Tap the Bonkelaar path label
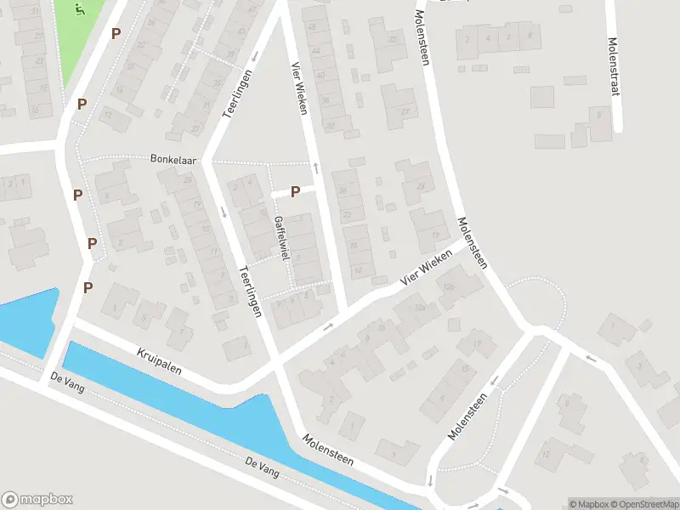[x=173, y=159]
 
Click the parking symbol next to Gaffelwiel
[x=295, y=192]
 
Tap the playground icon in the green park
[x=80, y=10]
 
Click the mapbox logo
[x=37, y=500]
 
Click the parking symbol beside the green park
[x=116, y=33]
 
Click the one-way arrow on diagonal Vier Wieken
[x=329, y=326]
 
